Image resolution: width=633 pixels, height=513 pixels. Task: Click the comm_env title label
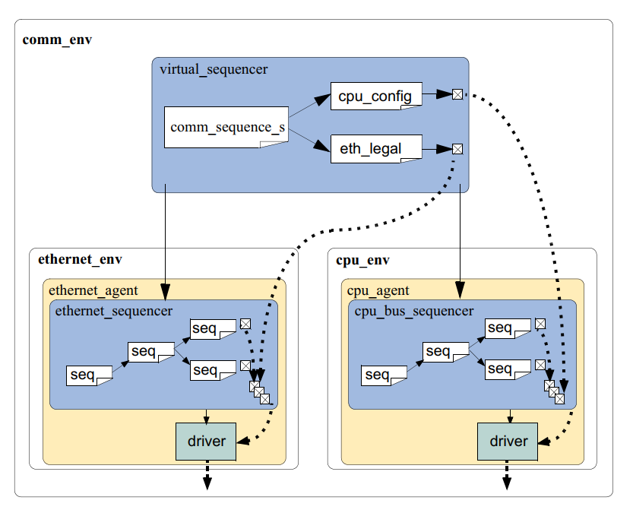pos(57,40)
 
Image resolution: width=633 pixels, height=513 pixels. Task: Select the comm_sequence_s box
pos(227,127)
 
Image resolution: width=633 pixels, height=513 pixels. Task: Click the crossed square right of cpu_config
pos(457,94)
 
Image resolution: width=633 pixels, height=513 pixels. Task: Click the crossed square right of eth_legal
pos(457,148)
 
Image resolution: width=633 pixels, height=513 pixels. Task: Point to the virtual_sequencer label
pos(214,70)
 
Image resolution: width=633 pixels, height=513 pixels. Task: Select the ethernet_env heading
pos(80,260)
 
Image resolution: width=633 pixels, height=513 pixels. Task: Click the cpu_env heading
pos(362,260)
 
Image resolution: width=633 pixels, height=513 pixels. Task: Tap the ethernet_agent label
pos(93,290)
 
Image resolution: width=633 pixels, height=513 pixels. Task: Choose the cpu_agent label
pos(378,290)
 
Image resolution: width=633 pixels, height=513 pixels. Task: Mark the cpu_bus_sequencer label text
pos(414,310)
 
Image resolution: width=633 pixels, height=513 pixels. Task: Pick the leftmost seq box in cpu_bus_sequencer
pos(384,375)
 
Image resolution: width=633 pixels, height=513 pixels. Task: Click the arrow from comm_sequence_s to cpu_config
pos(309,108)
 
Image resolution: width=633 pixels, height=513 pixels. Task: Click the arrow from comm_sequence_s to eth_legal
pos(309,139)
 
